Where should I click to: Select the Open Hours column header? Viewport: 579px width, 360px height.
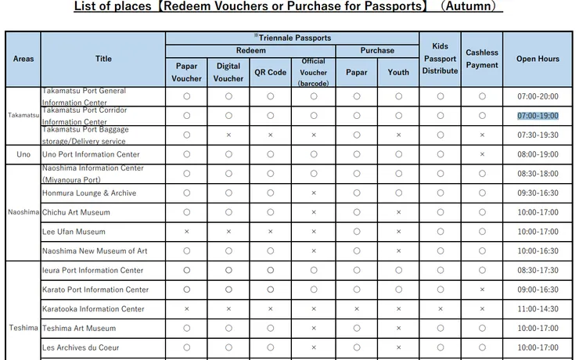point(538,59)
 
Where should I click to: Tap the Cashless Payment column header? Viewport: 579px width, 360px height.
point(482,59)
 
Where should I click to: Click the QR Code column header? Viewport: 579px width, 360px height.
point(270,72)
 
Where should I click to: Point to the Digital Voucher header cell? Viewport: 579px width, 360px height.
point(228,72)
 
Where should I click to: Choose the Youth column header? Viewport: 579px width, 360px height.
point(398,72)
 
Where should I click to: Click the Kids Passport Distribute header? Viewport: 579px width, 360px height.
point(440,59)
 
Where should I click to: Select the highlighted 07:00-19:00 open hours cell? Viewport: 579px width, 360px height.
point(538,115)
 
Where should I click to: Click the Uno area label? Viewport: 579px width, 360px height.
point(23,154)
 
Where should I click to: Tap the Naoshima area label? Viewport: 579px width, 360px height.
point(23,212)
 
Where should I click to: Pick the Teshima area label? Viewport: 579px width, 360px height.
point(23,327)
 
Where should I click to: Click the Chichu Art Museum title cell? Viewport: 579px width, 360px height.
point(76,212)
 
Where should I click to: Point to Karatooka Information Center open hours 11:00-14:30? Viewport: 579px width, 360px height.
point(538,309)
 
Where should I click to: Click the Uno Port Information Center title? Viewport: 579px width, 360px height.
point(91,154)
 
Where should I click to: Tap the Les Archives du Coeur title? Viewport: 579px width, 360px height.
point(81,347)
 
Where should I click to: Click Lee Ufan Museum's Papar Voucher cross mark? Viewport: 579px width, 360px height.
point(186,232)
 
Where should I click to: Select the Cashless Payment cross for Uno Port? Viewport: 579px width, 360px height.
point(482,154)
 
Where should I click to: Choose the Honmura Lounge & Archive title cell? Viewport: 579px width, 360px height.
point(89,193)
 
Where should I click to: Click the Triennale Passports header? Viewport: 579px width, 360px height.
point(292,38)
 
